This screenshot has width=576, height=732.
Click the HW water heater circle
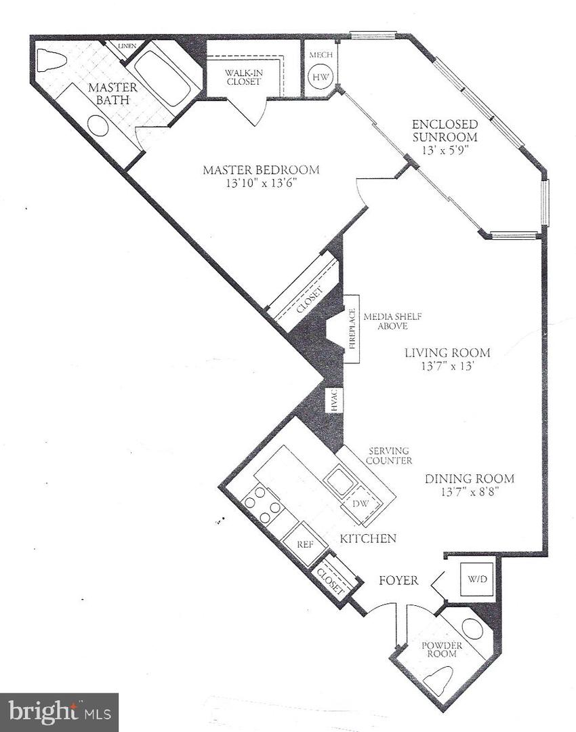pyautogui.click(x=319, y=77)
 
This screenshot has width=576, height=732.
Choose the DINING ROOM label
pyautogui.click(x=469, y=479)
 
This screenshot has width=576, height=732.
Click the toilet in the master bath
pyautogui.click(x=51, y=60)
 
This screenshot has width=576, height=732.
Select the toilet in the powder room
pyautogui.click(x=441, y=680)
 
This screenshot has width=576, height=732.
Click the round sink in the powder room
pyautogui.click(x=472, y=629)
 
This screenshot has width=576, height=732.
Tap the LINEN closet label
pyautogui.click(x=127, y=46)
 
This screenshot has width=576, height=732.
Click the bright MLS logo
pyautogui.click(x=59, y=712)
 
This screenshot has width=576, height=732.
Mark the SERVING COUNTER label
pyautogui.click(x=389, y=455)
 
